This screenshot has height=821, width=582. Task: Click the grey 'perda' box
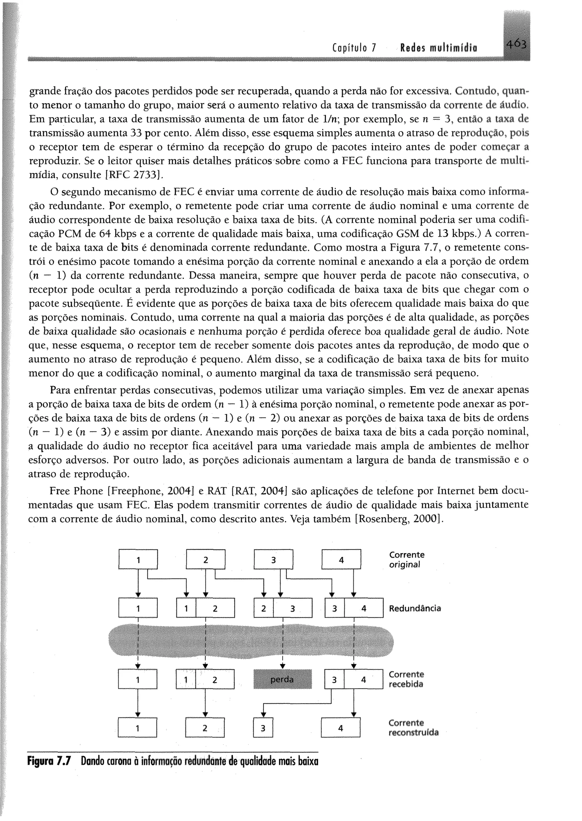point(282,679)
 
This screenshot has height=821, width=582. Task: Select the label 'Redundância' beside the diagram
point(415,608)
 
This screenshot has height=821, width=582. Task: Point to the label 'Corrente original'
point(406,560)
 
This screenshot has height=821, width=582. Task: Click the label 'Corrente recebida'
point(406,679)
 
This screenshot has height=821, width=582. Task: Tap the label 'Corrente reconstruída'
point(413,727)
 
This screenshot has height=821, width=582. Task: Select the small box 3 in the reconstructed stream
point(263,728)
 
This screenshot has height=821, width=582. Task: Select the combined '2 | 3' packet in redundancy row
point(283,608)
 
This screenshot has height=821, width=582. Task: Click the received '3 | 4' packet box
point(353,679)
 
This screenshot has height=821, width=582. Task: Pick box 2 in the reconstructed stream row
point(205,728)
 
